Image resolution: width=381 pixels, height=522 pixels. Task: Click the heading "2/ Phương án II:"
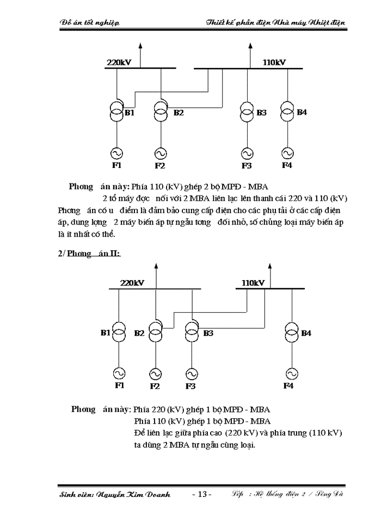[89, 253]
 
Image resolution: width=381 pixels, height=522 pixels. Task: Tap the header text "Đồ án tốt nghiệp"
[89, 22]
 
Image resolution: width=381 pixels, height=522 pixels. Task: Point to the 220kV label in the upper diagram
[118, 63]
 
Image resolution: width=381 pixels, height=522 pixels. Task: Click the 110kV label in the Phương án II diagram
[253, 283]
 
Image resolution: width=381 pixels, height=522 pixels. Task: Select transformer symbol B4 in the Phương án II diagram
[292, 332]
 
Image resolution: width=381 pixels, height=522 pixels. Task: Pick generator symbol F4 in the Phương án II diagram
[292, 374]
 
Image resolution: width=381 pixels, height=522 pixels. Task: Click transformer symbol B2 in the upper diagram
[161, 113]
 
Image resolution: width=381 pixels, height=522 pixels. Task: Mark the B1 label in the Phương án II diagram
[106, 333]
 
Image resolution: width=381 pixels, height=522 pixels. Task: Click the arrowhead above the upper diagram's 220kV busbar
[140, 46]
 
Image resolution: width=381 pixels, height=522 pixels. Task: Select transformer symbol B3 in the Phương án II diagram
[191, 332]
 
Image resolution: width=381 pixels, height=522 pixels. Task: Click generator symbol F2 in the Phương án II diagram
[155, 374]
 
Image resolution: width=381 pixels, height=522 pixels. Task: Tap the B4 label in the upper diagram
[302, 113]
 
